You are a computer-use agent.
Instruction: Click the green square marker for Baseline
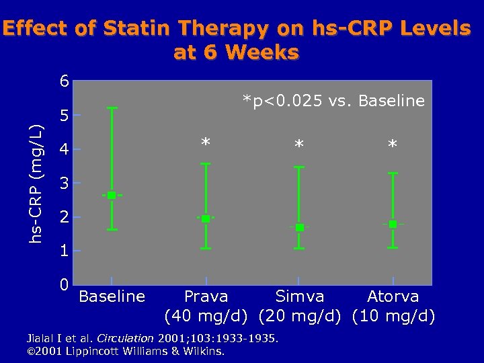click(112, 195)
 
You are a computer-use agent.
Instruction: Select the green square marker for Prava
click(205, 218)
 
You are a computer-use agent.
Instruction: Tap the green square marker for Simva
click(299, 227)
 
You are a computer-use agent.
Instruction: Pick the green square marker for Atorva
click(393, 224)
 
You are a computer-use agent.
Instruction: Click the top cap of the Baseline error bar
click(112, 108)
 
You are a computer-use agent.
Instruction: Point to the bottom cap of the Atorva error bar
click(393, 248)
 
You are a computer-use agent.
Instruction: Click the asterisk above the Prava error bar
click(206, 143)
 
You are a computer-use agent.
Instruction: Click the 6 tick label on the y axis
click(64, 82)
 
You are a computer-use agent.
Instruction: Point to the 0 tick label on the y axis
click(64, 284)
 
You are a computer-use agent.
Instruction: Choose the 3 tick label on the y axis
click(64, 183)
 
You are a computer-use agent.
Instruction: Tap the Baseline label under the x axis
click(112, 296)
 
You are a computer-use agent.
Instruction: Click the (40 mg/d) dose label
click(207, 315)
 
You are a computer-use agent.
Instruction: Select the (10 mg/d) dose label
click(393, 315)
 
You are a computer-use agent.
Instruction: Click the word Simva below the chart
click(300, 296)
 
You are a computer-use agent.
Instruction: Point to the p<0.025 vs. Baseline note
click(334, 101)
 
